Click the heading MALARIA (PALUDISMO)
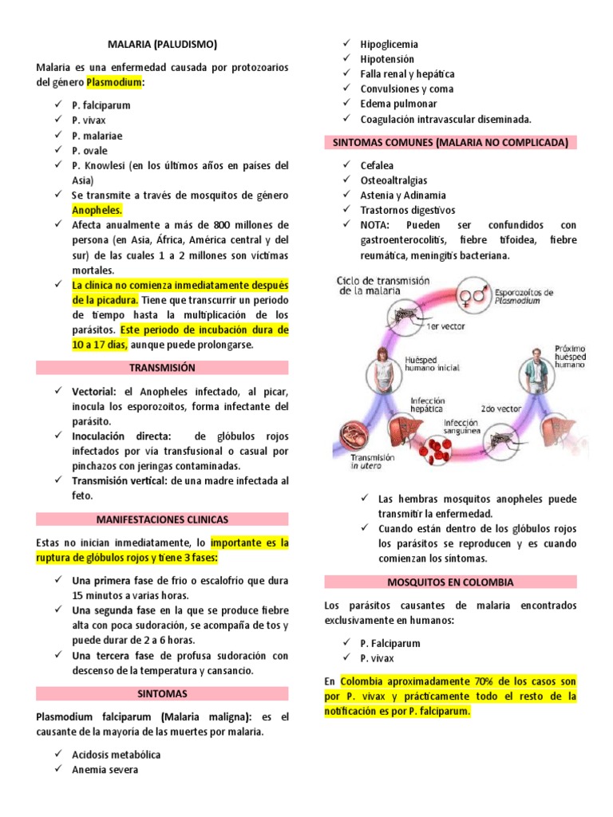click(162, 44)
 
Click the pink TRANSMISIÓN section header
click(162, 368)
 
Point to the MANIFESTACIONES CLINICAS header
click(162, 519)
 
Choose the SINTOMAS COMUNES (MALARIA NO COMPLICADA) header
click(450, 143)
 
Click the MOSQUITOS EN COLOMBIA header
click(450, 582)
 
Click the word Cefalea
click(377, 166)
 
